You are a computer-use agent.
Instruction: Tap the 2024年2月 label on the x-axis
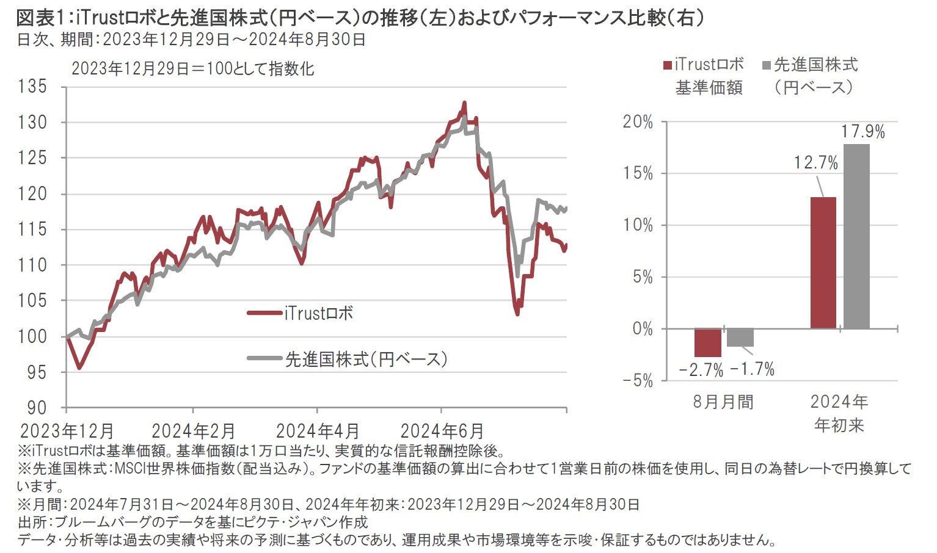193,431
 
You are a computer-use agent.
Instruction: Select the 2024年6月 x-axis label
442,431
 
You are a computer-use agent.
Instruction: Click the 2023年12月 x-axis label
67,431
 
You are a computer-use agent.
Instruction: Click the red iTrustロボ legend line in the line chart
264,313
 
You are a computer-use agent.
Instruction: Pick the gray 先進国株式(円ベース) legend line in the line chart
264,358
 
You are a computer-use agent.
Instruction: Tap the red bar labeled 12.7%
823,263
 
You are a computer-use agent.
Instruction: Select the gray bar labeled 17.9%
856,237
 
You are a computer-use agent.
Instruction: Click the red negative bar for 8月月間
707,343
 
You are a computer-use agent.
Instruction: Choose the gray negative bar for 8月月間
740,338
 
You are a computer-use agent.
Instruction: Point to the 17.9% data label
862,132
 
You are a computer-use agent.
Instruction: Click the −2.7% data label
701,370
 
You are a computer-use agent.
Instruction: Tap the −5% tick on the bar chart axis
638,381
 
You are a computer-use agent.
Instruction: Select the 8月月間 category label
723,402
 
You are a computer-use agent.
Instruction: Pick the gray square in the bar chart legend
767,65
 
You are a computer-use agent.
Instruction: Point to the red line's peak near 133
464,103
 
